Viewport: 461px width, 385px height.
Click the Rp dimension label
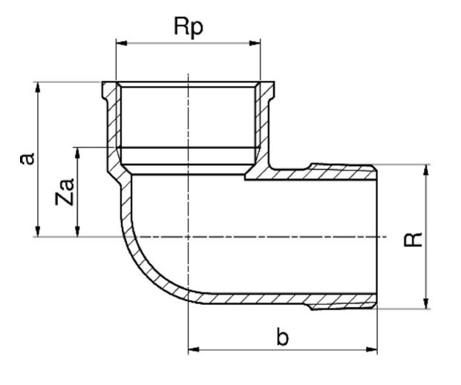click(x=188, y=27)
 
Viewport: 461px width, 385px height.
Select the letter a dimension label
click(x=27, y=159)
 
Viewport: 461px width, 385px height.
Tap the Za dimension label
click(x=65, y=191)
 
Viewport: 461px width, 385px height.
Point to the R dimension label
click(x=413, y=239)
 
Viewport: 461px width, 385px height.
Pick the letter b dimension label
click(x=283, y=337)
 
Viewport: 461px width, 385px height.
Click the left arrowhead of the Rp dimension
click(x=122, y=43)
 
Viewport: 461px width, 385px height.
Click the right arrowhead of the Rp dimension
click(x=255, y=43)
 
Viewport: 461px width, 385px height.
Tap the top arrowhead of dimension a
click(x=38, y=88)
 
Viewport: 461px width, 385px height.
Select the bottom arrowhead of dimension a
click(x=38, y=231)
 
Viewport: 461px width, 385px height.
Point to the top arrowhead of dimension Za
click(x=78, y=153)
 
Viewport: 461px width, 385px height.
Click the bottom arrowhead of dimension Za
click(x=78, y=231)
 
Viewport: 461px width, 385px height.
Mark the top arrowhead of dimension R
click(x=426, y=170)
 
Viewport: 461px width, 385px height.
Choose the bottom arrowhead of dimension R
click(x=426, y=303)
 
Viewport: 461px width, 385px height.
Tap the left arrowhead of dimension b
click(x=194, y=349)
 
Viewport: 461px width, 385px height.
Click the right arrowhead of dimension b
click(x=371, y=349)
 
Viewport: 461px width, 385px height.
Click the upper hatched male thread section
click(x=342, y=171)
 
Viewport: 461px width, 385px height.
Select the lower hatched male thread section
click(x=342, y=301)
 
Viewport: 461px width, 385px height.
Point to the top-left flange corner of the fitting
click(x=102, y=82)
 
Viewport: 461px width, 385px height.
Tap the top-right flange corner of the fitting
click(x=275, y=82)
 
